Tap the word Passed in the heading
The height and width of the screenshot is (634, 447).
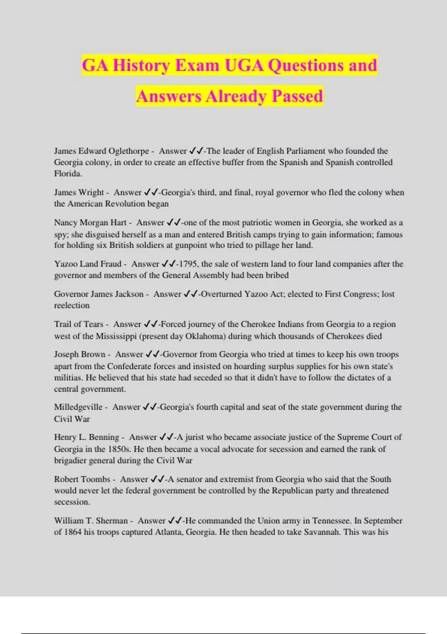(x=297, y=97)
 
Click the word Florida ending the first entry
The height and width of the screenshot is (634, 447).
(x=68, y=174)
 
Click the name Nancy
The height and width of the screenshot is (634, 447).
(x=65, y=223)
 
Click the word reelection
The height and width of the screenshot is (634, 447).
(x=72, y=305)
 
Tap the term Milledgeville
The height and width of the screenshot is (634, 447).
(x=78, y=407)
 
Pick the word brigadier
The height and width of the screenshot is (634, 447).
(x=72, y=461)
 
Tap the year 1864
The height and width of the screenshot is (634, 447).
(x=73, y=532)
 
